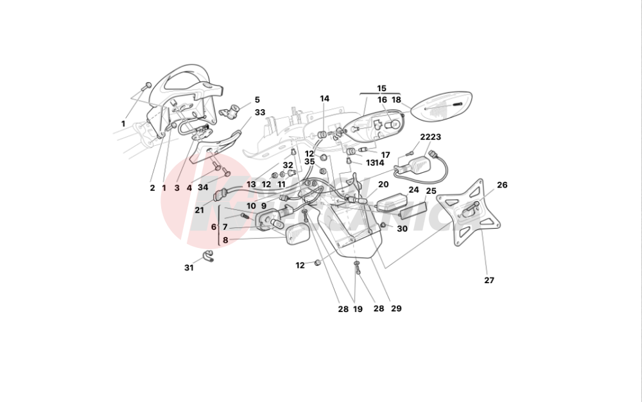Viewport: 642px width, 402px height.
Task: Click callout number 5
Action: [257, 100]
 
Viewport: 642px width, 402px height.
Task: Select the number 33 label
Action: [259, 112]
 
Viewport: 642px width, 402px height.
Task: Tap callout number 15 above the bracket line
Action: [381, 88]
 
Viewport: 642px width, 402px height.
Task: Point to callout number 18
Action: [396, 100]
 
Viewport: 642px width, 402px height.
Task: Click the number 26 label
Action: [502, 185]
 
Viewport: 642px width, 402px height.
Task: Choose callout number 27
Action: [489, 281]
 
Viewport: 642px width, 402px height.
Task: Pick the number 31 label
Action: [188, 268]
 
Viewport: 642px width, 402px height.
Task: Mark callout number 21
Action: [199, 211]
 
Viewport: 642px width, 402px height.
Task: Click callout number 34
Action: [203, 188]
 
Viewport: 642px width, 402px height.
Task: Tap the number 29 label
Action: [396, 309]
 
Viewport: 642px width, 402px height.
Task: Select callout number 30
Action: [402, 229]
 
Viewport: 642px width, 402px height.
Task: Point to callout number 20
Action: [383, 184]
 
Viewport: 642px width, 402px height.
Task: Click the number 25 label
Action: [431, 191]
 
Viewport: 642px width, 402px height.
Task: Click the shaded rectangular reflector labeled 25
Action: [413, 211]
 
